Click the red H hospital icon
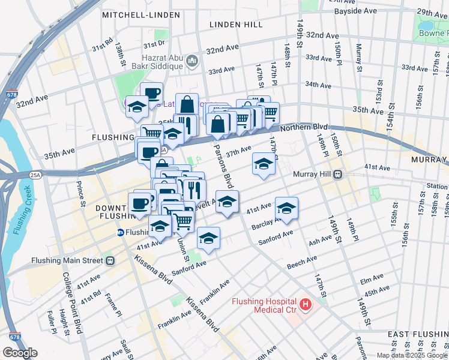(x=306, y=305)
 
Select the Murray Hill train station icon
(x=338, y=175)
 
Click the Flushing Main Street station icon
(x=110, y=260)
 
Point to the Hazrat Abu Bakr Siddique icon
(x=192, y=60)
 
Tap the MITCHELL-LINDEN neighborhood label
(x=141, y=14)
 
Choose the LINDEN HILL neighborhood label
(x=236, y=25)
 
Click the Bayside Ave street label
(x=354, y=11)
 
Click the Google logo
(x=20, y=353)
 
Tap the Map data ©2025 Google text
(x=412, y=355)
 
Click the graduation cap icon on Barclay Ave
(x=286, y=209)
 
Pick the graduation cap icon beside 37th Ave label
(x=263, y=164)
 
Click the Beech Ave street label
(x=302, y=263)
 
